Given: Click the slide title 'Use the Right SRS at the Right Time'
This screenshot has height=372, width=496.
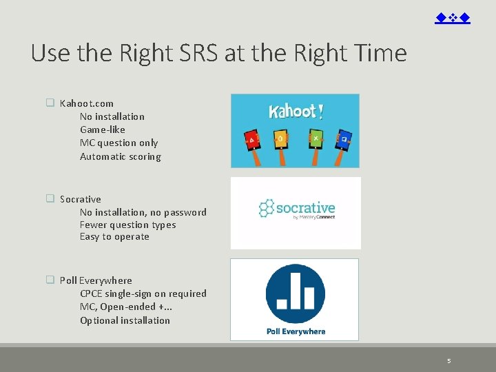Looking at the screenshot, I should pyautogui.click(x=219, y=53).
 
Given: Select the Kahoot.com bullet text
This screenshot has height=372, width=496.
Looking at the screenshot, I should pyautogui.click(x=87, y=103).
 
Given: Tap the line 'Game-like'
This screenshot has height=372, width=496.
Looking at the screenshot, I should pyautogui.click(x=103, y=130).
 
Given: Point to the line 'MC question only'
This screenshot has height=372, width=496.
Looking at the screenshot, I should pyautogui.click(x=118, y=143).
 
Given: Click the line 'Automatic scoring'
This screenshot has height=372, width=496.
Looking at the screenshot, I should pyautogui.click(x=121, y=156).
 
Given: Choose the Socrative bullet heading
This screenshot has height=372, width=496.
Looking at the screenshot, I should pyautogui.click(x=80, y=199).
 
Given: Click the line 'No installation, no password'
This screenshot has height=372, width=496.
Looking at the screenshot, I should pyautogui.click(x=143, y=212).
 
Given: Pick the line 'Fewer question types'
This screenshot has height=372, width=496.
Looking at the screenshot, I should pyautogui.click(x=127, y=225).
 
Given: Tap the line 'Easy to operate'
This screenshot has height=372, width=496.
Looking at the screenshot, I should pyautogui.click(x=114, y=236).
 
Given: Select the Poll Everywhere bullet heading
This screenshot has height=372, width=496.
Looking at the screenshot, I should pyautogui.click(x=96, y=280).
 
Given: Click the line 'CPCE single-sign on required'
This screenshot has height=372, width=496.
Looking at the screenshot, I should pyautogui.click(x=143, y=293).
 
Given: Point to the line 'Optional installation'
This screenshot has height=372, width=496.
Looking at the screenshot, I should pyautogui.click(x=125, y=320).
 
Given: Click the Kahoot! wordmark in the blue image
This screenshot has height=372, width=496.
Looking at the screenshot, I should pyautogui.click(x=296, y=111).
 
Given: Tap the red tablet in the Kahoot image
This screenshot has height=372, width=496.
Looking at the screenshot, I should pyautogui.click(x=253, y=140).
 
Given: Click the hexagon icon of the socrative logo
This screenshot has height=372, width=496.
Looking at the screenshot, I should pyautogui.click(x=266, y=208).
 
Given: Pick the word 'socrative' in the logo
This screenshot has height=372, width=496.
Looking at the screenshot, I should pyautogui.click(x=305, y=207).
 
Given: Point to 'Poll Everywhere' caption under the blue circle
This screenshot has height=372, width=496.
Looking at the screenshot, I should pyautogui.click(x=296, y=331).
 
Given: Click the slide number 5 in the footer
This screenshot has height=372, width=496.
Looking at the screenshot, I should pyautogui.click(x=448, y=360).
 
